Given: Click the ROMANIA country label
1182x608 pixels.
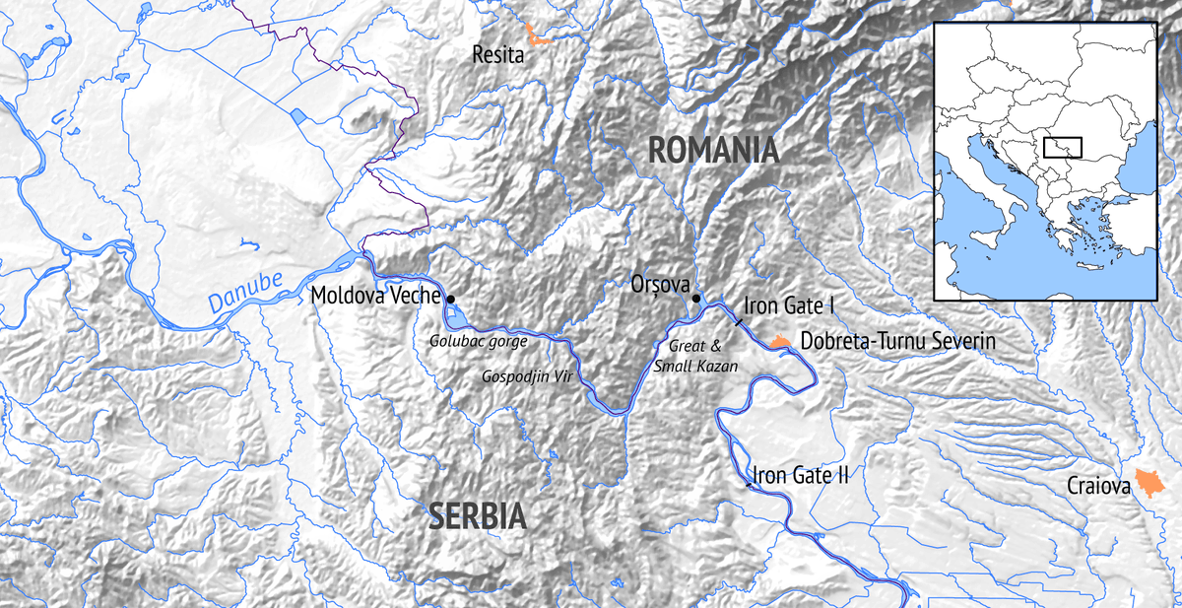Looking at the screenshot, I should pyautogui.click(x=713, y=151).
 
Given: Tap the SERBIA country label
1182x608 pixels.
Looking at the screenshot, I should pyautogui.click(x=478, y=515).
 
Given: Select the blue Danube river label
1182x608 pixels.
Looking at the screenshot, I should pyautogui.click(x=244, y=295).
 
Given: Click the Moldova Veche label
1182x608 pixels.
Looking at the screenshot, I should pyautogui.click(x=374, y=295).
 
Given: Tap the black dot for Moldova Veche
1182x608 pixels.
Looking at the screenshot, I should pyautogui.click(x=450, y=298).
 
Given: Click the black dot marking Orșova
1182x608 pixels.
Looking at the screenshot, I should pyautogui.click(x=695, y=299).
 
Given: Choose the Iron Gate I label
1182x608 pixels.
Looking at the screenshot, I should pyautogui.click(x=789, y=306).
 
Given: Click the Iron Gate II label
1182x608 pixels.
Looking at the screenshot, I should pyautogui.click(x=801, y=476).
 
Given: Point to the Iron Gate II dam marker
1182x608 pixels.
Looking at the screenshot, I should pyautogui.click(x=750, y=485).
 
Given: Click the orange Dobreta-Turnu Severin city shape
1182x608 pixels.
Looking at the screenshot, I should pyautogui.click(x=780, y=342).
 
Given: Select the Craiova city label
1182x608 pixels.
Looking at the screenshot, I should pyautogui.click(x=1098, y=486).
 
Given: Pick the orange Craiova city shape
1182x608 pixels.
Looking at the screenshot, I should pyautogui.click(x=1147, y=482).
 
